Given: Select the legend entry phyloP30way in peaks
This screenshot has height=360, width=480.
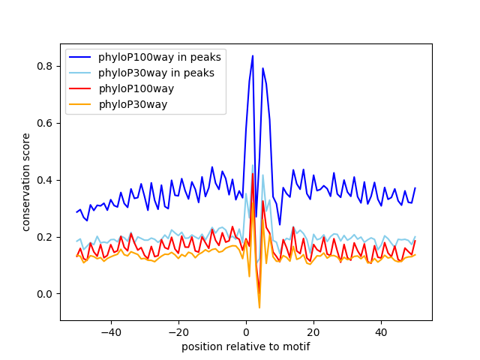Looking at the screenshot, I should pyautogui.click(x=156, y=73).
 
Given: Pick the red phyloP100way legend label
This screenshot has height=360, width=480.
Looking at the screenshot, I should pyautogui.click(x=136, y=88).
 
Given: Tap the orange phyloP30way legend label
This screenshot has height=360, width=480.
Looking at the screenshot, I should pyautogui.click(x=133, y=104).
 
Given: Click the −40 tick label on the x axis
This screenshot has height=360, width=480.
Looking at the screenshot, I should pyautogui.click(x=110, y=331).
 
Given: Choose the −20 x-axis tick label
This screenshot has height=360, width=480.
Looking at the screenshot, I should pyautogui.click(x=178, y=331).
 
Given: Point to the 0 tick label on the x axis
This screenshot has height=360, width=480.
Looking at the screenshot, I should pyautogui.click(x=246, y=331).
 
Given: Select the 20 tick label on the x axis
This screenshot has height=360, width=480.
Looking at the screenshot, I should pyautogui.click(x=313, y=331).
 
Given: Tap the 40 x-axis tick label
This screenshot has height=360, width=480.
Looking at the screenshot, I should pyautogui.click(x=381, y=331).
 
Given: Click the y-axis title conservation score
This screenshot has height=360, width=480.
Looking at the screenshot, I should pyautogui.click(x=26, y=182).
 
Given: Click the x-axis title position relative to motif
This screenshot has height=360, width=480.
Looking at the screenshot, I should pyautogui.click(x=246, y=346).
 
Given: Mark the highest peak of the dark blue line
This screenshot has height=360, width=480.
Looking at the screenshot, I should pyautogui.click(x=253, y=55).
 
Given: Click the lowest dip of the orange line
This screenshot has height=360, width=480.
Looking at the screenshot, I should pyautogui.click(x=259, y=307).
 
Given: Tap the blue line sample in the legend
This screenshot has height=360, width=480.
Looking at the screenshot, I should pyautogui.click(x=82, y=57).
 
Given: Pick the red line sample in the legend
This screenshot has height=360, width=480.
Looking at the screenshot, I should pyautogui.click(x=82, y=88).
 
